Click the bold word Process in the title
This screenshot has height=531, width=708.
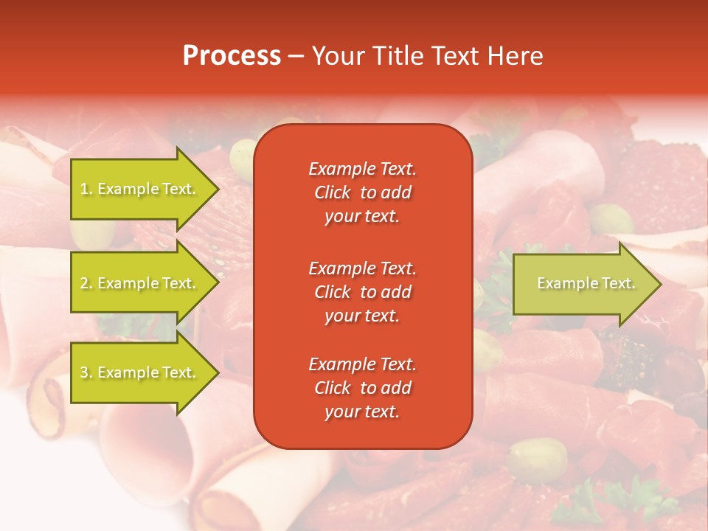[x=232, y=56]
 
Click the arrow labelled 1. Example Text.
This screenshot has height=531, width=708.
[x=140, y=189]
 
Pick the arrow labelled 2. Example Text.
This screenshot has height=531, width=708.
[x=140, y=283]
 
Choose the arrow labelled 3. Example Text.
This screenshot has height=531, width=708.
[x=140, y=372]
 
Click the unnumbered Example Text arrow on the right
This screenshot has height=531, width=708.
[x=583, y=283]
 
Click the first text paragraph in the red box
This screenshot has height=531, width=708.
[x=362, y=192]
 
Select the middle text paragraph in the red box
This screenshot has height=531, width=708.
[x=362, y=292]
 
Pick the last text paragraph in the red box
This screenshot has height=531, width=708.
[x=362, y=388]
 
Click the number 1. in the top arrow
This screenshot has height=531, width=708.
[x=86, y=189]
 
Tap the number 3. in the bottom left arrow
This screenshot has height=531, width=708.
[x=86, y=372]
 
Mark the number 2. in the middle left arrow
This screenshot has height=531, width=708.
[x=86, y=283]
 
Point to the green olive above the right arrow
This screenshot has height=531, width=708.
[x=611, y=219]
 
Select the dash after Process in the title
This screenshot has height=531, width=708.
[x=296, y=56]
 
